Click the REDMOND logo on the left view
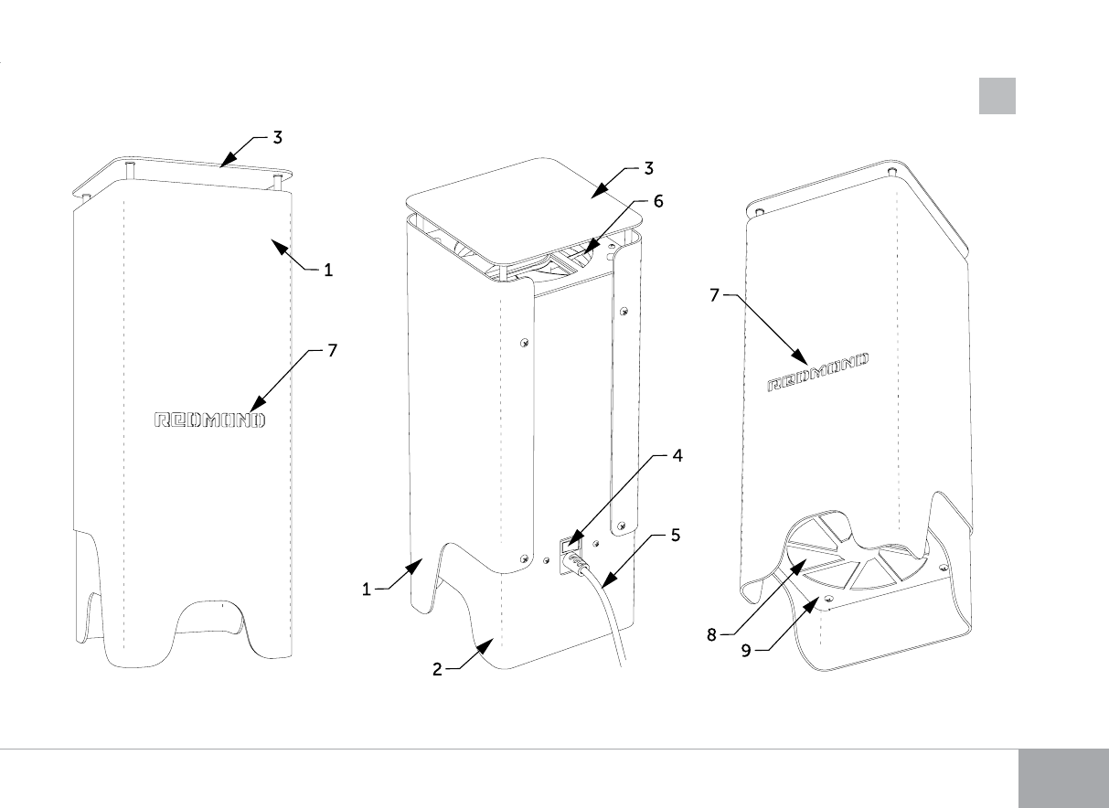[208, 420]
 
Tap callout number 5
[675, 535]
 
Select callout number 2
[438, 669]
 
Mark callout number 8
[712, 633]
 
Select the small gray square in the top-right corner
[997, 96]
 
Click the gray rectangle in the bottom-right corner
[1062, 779]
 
